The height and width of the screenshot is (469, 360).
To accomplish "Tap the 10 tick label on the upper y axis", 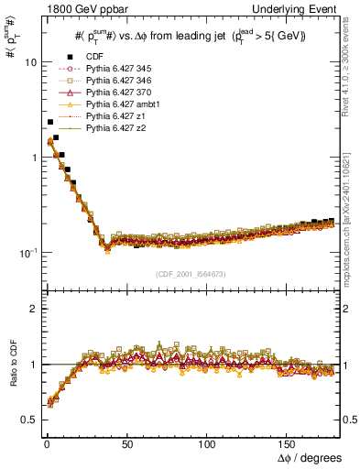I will tap(27, 63).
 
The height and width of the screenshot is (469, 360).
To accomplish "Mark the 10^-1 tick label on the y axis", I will tap(25, 252).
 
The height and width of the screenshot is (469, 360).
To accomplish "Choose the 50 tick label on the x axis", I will tap(125, 443).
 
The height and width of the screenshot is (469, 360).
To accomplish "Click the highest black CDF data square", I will tap(50, 122).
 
